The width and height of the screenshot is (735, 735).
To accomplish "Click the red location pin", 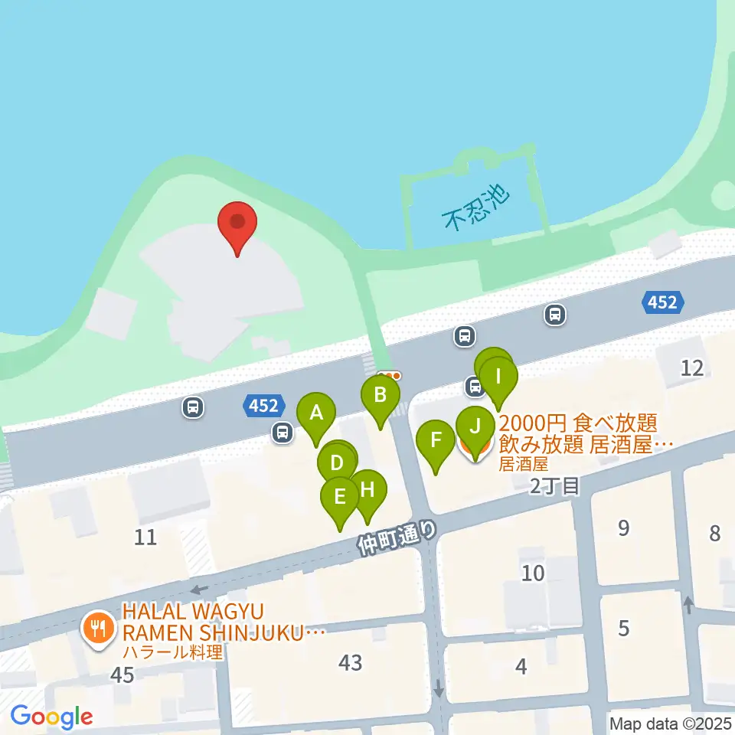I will click(x=237, y=223).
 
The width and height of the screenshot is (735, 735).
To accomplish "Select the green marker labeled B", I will click(x=380, y=396).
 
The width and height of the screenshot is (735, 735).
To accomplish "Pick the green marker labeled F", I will click(x=436, y=441).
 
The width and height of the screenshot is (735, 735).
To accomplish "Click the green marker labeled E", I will click(x=340, y=496).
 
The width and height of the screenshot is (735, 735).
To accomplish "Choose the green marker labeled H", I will click(x=367, y=489).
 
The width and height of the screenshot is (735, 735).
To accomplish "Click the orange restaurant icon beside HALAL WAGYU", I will click(x=97, y=629).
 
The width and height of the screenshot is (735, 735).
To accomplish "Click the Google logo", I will click(x=51, y=717).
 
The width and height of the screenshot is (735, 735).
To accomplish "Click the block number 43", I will click(x=351, y=662).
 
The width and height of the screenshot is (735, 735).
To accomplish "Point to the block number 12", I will click(x=692, y=368).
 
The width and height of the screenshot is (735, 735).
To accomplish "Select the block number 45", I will click(x=122, y=675).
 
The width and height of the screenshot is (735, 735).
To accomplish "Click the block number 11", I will click(x=145, y=537).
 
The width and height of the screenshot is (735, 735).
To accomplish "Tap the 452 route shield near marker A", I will click(x=263, y=405).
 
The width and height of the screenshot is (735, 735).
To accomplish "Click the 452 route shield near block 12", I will click(x=661, y=303).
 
